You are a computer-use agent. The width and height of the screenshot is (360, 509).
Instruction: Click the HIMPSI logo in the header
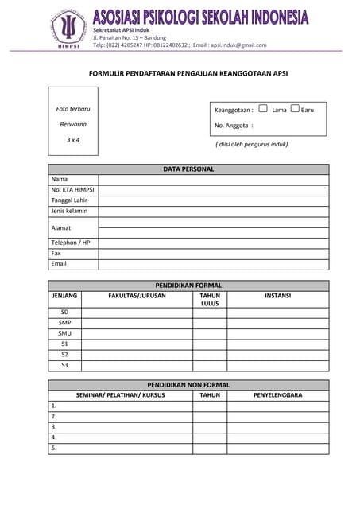coord(69,29)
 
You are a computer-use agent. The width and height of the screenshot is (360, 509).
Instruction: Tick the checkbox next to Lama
coord(263,109)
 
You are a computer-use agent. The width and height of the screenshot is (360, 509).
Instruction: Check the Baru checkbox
coord(295,109)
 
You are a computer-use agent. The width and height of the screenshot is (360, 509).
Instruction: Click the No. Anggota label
coord(233,126)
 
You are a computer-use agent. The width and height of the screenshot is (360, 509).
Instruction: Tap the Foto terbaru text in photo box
coord(73,108)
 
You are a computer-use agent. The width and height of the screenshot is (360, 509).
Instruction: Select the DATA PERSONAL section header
coord(188,169)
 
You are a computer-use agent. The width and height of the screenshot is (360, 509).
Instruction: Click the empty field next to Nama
coord(213,180)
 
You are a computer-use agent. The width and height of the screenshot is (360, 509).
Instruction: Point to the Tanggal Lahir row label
coord(69,200)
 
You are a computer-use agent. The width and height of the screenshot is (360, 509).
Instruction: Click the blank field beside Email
coord(213,264)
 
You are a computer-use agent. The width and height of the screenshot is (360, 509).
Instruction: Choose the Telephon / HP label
coord(71,243)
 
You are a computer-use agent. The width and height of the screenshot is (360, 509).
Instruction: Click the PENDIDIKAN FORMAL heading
coord(188,286)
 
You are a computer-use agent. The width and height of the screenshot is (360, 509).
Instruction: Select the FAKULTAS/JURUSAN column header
coord(137,296)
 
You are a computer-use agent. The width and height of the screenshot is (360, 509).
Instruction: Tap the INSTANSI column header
coord(277,296)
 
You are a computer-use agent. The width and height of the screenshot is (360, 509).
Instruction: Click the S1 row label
coord(64,344)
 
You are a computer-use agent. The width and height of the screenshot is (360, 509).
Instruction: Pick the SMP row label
coord(64,323)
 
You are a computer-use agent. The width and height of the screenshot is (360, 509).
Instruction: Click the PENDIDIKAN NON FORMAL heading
coord(188,385)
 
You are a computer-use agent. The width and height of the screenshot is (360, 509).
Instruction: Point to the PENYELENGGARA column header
coord(277,395)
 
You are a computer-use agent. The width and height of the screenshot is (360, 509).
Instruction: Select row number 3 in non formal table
coord(54,427)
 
